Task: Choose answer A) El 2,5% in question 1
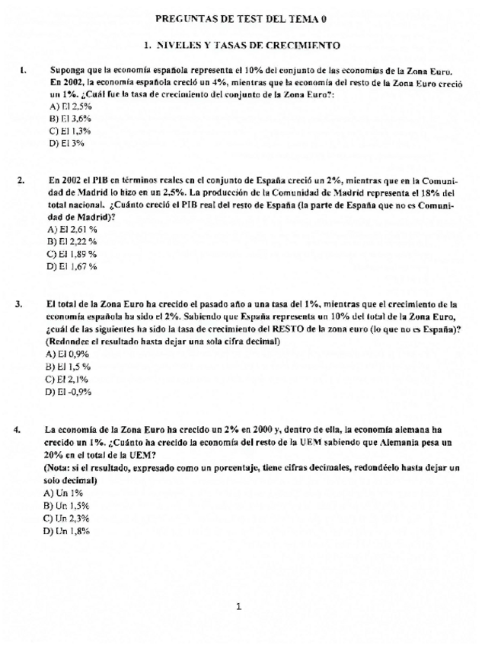tap(65, 106)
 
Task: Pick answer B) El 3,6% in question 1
tap(65, 119)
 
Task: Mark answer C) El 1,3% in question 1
tap(65, 131)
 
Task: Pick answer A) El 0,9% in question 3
tap(68, 354)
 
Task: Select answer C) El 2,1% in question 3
tap(68, 378)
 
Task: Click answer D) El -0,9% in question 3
tap(69, 391)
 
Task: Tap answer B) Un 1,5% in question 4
tap(67, 505)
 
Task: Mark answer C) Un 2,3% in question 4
tap(67, 518)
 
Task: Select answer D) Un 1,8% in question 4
tap(67, 531)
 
